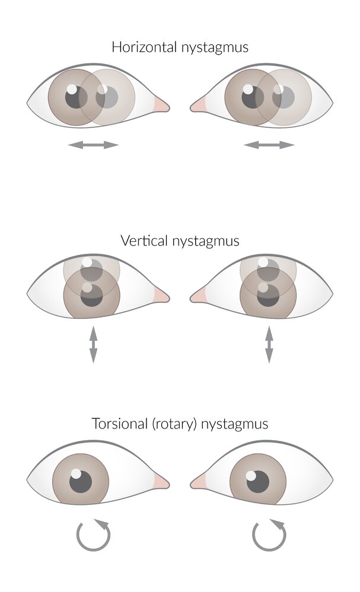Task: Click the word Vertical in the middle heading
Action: [140, 241]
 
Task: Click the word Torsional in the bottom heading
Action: [117, 424]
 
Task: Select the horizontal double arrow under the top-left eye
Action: [93, 145]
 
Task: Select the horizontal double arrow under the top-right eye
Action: [269, 145]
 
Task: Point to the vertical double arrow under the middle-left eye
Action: [93, 343]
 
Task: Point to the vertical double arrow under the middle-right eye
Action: [269, 343]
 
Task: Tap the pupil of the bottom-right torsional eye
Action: [257, 482]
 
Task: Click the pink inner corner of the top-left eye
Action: [161, 105]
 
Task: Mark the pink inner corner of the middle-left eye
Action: [161, 295]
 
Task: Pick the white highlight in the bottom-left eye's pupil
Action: [75, 473]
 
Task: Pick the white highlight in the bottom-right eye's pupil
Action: [251, 475]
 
